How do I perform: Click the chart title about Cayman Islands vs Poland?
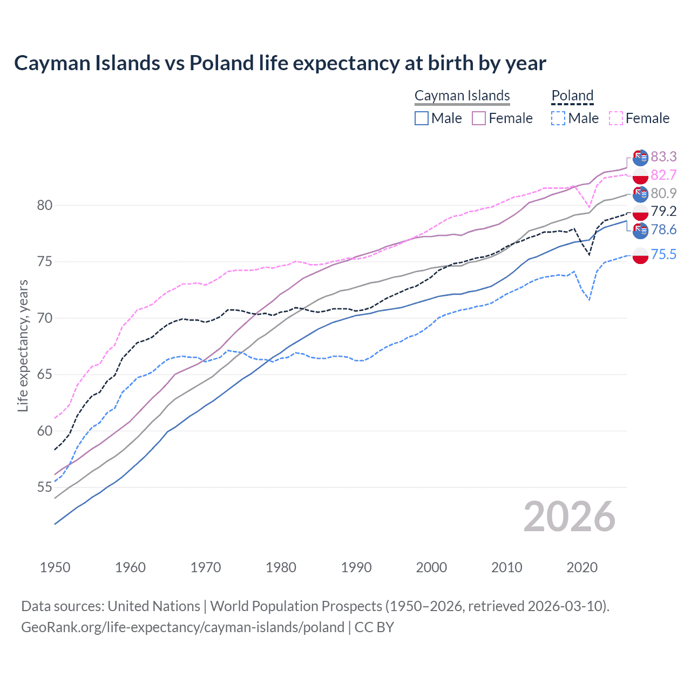(280, 63)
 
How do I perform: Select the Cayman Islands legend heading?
(462, 96)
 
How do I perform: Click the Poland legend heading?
(572, 96)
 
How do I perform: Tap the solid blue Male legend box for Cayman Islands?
(422, 118)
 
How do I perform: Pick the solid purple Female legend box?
(479, 118)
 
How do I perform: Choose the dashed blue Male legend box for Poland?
(558, 118)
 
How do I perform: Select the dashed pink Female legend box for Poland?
(616, 118)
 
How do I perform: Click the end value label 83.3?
(663, 157)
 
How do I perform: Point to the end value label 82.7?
(663, 175)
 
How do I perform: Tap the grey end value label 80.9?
(663, 193)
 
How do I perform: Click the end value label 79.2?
(663, 211)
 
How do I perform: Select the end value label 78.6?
(663, 230)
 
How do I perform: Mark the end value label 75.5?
(663, 254)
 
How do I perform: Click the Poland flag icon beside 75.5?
(640, 255)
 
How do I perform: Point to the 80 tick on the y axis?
(45, 205)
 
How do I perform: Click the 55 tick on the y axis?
(45, 487)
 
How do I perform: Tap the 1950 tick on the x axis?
(55, 567)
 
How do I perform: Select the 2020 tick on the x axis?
(582, 567)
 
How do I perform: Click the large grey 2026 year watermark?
(569, 517)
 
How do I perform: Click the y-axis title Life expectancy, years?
(23, 345)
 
